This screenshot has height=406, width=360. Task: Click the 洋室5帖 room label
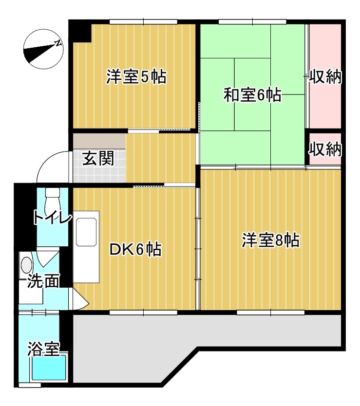pos(136,77)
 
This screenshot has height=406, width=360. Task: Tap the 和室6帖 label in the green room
pos(252,94)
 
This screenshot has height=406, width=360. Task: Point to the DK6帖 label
pos(135,250)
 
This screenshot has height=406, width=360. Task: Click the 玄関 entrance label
pos(98,158)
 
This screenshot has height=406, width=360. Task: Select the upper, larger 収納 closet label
pos(325,77)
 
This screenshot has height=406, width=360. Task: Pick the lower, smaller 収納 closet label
pos(325,149)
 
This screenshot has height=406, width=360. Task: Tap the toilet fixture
pos(51,200)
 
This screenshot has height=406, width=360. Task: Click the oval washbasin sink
pos(26,265)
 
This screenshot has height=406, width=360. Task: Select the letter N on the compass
pos(58,43)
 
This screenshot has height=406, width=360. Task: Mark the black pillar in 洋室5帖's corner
pos(80,32)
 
